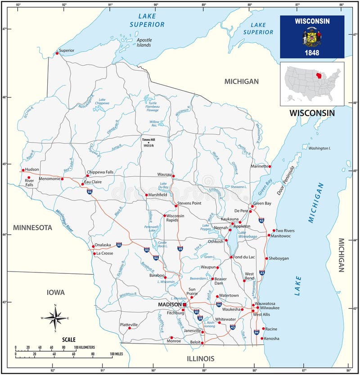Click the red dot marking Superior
[57, 54]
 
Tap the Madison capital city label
[169, 305]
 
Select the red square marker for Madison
[184, 305]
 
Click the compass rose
[55, 318]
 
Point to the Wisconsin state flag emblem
[312, 37]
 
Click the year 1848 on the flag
[312, 52]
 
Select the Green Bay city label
[262, 203]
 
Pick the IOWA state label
[56, 292]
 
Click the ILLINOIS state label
[200, 358]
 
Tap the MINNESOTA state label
[32, 228]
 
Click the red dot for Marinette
[270, 166]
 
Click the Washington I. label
[319, 148]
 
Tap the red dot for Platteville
[130, 328]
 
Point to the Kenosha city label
[272, 338]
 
